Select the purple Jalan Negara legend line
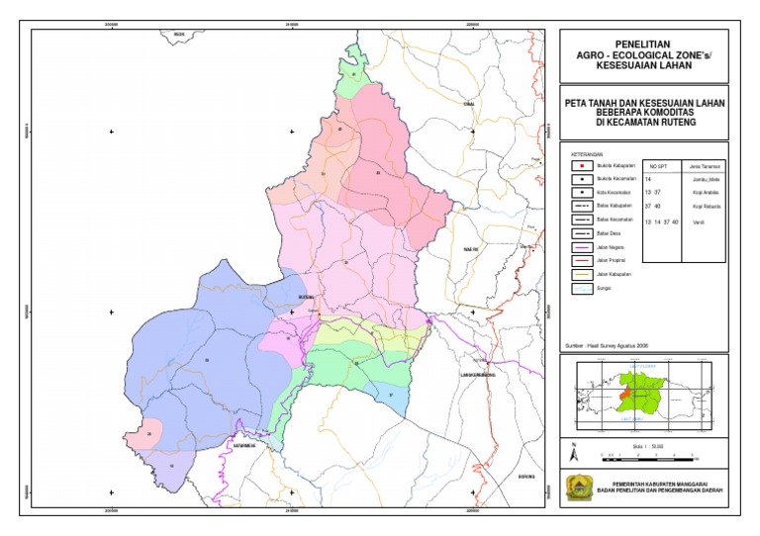click(581, 247)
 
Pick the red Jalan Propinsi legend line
click(581, 260)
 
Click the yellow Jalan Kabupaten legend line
click(581, 274)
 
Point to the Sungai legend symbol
click(581, 288)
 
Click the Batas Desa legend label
click(609, 233)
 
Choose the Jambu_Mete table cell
click(704, 179)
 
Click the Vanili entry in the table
click(700, 223)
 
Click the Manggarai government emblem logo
click(575, 489)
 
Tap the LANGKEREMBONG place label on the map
click(477, 376)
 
